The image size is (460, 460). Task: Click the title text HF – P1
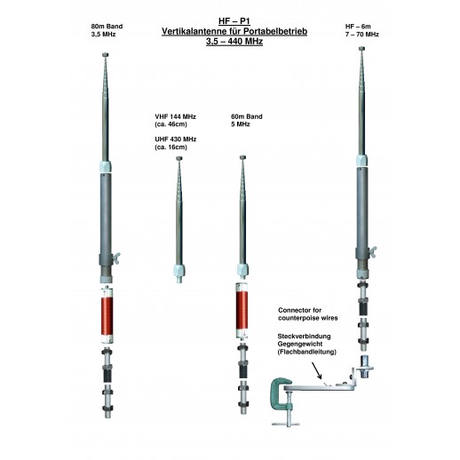234,21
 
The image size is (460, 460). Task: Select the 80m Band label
107,27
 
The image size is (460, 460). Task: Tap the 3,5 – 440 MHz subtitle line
234,42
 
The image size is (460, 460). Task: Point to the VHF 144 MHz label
175,116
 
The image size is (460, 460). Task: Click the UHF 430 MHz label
176,139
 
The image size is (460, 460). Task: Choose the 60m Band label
247,116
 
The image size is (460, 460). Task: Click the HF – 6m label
358,27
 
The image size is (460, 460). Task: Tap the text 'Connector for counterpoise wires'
308,314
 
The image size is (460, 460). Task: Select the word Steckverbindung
304,337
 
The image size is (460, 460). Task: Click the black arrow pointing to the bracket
316,370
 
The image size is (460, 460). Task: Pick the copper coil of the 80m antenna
107,316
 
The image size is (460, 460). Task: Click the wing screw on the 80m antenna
115,258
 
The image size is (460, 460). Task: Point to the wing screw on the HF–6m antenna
372,251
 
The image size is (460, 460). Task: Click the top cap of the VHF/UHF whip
179,158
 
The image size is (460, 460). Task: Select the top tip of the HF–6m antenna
361,49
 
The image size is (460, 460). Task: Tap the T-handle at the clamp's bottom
286,424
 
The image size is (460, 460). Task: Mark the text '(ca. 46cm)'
171,124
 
